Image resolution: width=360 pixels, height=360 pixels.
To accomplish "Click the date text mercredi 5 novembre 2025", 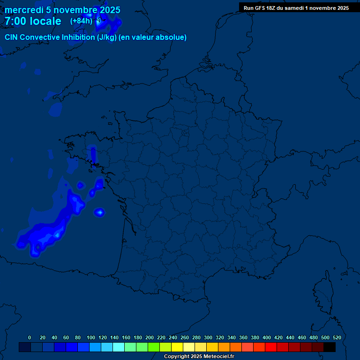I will (x=62, y=10).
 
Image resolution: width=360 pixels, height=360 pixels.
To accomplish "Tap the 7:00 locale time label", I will (x=33, y=21).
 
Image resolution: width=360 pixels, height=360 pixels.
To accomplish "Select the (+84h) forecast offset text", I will (x=81, y=21).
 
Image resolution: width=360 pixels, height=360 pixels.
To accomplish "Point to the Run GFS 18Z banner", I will (x=296, y=8).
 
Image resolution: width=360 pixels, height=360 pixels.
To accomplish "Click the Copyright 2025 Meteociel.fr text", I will (x=199, y=357).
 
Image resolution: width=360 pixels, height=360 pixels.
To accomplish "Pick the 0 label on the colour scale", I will (x=30, y=337).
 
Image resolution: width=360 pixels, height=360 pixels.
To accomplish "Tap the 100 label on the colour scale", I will (x=91, y=337).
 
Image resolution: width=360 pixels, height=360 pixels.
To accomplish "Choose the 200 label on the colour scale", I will (x=150, y=337).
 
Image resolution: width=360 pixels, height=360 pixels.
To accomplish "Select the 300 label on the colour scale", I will (x=208, y=337).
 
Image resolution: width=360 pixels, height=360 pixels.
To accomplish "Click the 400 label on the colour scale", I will (x=267, y=337).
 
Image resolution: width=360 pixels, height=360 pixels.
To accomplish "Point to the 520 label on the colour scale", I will (x=337, y=337).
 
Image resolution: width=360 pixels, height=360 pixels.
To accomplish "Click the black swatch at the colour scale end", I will (x=330, y=347).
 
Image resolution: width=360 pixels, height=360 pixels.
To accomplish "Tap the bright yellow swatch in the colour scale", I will (x=177, y=347).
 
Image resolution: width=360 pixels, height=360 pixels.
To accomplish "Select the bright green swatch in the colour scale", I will (x=154, y=347).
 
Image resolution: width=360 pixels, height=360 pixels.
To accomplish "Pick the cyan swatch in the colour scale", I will (x=119, y=347).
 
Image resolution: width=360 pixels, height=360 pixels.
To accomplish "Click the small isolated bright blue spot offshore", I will (x=99, y=213).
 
